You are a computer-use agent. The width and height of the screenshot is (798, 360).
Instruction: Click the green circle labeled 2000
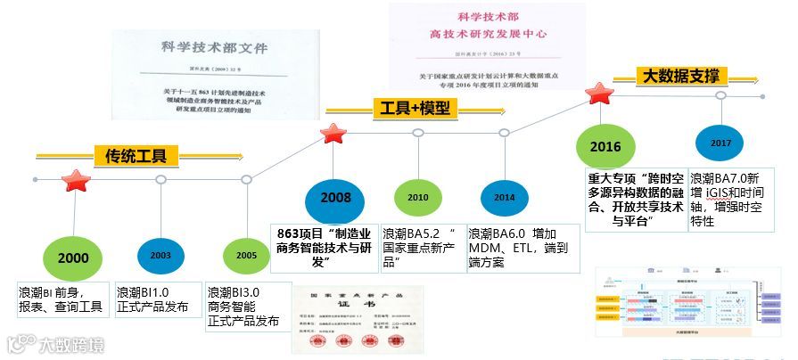tap(74, 258)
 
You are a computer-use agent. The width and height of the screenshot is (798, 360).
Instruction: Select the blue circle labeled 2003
tap(160, 255)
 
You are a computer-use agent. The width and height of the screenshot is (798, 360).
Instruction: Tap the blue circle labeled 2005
tap(247, 255)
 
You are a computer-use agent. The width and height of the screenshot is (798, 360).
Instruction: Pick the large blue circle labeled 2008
tap(335, 197)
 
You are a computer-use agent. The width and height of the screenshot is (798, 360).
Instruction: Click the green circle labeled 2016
tap(605, 146)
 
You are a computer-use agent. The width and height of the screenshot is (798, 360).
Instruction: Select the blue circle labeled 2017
tap(720, 143)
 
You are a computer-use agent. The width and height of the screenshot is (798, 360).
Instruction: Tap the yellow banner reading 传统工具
tap(136, 157)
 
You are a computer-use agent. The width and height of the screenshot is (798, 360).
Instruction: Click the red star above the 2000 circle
tap(75, 181)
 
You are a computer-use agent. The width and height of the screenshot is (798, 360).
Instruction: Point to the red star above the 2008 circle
tap(333, 134)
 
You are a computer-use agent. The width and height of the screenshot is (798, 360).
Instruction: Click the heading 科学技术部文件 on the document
tap(214, 48)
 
